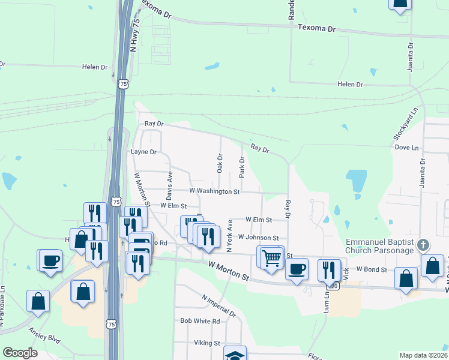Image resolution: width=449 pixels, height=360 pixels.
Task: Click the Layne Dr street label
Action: point(143,152)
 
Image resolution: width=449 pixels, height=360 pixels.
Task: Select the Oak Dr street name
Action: point(220,162)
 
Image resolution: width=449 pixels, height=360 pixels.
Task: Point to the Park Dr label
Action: point(242,167)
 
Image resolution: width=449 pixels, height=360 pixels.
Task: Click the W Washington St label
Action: point(214,191)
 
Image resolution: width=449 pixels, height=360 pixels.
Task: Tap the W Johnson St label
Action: point(258,238)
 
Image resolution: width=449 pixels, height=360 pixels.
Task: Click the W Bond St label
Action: point(372,270)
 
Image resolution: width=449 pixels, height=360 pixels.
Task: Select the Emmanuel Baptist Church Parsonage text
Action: point(379,246)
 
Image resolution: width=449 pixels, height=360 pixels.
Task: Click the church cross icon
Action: point(424,244)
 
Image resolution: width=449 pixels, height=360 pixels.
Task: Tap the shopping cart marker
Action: point(272,257)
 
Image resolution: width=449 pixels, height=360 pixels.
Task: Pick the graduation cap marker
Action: point(235,354)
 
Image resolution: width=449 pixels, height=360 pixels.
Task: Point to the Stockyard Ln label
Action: point(406,125)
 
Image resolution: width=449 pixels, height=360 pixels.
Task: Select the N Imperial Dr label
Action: point(219,306)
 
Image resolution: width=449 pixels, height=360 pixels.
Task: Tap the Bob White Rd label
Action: point(200,321)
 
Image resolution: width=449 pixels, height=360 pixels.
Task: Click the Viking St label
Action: point(207,343)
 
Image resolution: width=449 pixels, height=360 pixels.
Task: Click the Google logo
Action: point(20,353)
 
